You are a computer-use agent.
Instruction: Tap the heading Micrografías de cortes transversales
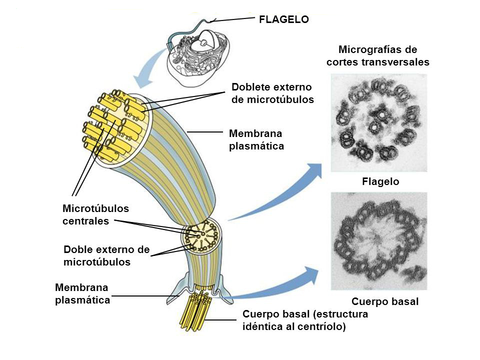[x=377, y=56]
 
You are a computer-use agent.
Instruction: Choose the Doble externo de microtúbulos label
[x=107, y=255]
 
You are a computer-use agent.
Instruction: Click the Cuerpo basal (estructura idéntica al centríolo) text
[x=304, y=320]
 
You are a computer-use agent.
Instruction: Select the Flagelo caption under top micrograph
[x=380, y=182]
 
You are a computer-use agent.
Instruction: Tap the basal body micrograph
[x=379, y=242]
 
